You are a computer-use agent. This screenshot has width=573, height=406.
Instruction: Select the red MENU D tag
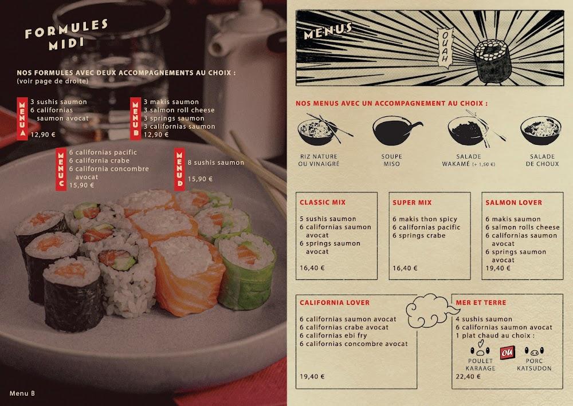tap(180, 170)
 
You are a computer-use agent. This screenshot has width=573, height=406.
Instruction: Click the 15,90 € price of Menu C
tap(82, 185)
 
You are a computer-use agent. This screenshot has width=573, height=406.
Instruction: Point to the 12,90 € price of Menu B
tap(156, 135)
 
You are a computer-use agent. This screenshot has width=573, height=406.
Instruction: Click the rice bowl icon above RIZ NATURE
tap(316, 131)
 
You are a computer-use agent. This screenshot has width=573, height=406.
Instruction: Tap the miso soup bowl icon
tap(393, 132)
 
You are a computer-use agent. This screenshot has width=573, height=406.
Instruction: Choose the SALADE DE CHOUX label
tap(542, 160)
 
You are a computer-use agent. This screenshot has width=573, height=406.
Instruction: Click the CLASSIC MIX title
tap(323, 202)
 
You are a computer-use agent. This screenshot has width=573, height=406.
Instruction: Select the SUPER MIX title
tap(412, 202)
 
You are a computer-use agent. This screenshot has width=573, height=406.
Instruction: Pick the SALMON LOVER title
tap(513, 202)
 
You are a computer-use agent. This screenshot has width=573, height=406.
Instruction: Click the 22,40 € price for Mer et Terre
tap(468, 376)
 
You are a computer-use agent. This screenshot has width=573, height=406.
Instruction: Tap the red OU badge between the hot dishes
tap(506, 352)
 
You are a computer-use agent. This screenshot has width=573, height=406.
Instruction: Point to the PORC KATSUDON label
tap(534, 365)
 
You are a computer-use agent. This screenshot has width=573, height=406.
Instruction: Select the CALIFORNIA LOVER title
tap(335, 302)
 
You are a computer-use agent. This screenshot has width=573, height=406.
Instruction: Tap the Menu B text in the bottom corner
tap(22, 393)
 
